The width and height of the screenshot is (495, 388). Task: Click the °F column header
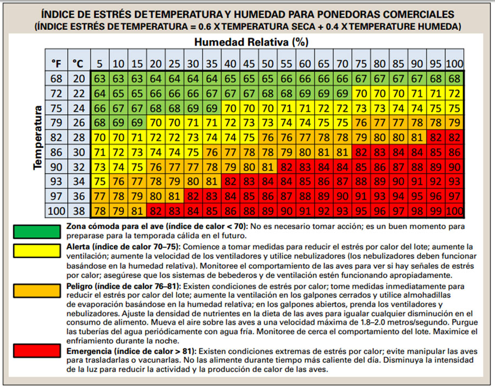pyautogui.click(x=57, y=63)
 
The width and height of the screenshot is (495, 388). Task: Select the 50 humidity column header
pyautogui.click(x=268, y=63)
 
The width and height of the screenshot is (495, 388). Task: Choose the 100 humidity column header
pyautogui.click(x=454, y=63)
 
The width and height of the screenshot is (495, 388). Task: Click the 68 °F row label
pyautogui.click(x=57, y=78)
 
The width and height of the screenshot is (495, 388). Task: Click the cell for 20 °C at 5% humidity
pyautogui.click(x=100, y=78)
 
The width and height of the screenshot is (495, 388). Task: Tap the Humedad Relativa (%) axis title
pyautogui.click(x=251, y=42)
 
